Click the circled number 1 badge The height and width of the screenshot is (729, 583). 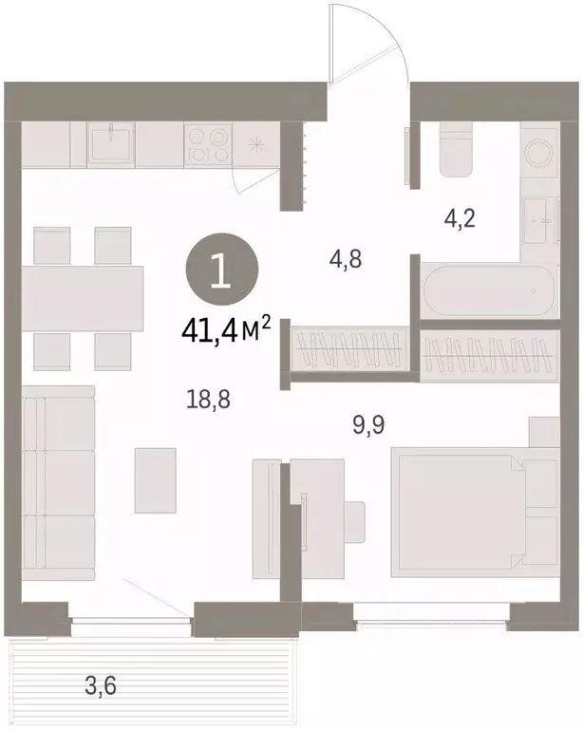tap(221, 271)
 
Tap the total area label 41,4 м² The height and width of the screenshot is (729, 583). tap(226, 329)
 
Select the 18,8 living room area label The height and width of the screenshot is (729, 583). tap(208, 399)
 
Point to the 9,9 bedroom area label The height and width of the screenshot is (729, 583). tap(368, 424)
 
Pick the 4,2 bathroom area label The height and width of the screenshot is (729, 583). tap(460, 218)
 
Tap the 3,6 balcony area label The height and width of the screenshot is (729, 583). tap(101, 685)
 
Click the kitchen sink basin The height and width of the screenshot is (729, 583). tap(111, 143)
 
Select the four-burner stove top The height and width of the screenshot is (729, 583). tap(208, 144)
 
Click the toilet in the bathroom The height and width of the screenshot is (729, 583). tap(456, 149)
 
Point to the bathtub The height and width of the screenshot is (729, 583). tap(488, 291)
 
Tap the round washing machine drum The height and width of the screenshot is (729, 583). tap(538, 151)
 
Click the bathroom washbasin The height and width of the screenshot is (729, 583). tap(539, 220)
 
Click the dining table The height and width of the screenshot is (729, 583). tap(83, 298)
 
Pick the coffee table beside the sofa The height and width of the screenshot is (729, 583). tap(156, 480)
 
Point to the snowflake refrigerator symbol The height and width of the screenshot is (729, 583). tap(255, 144)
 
